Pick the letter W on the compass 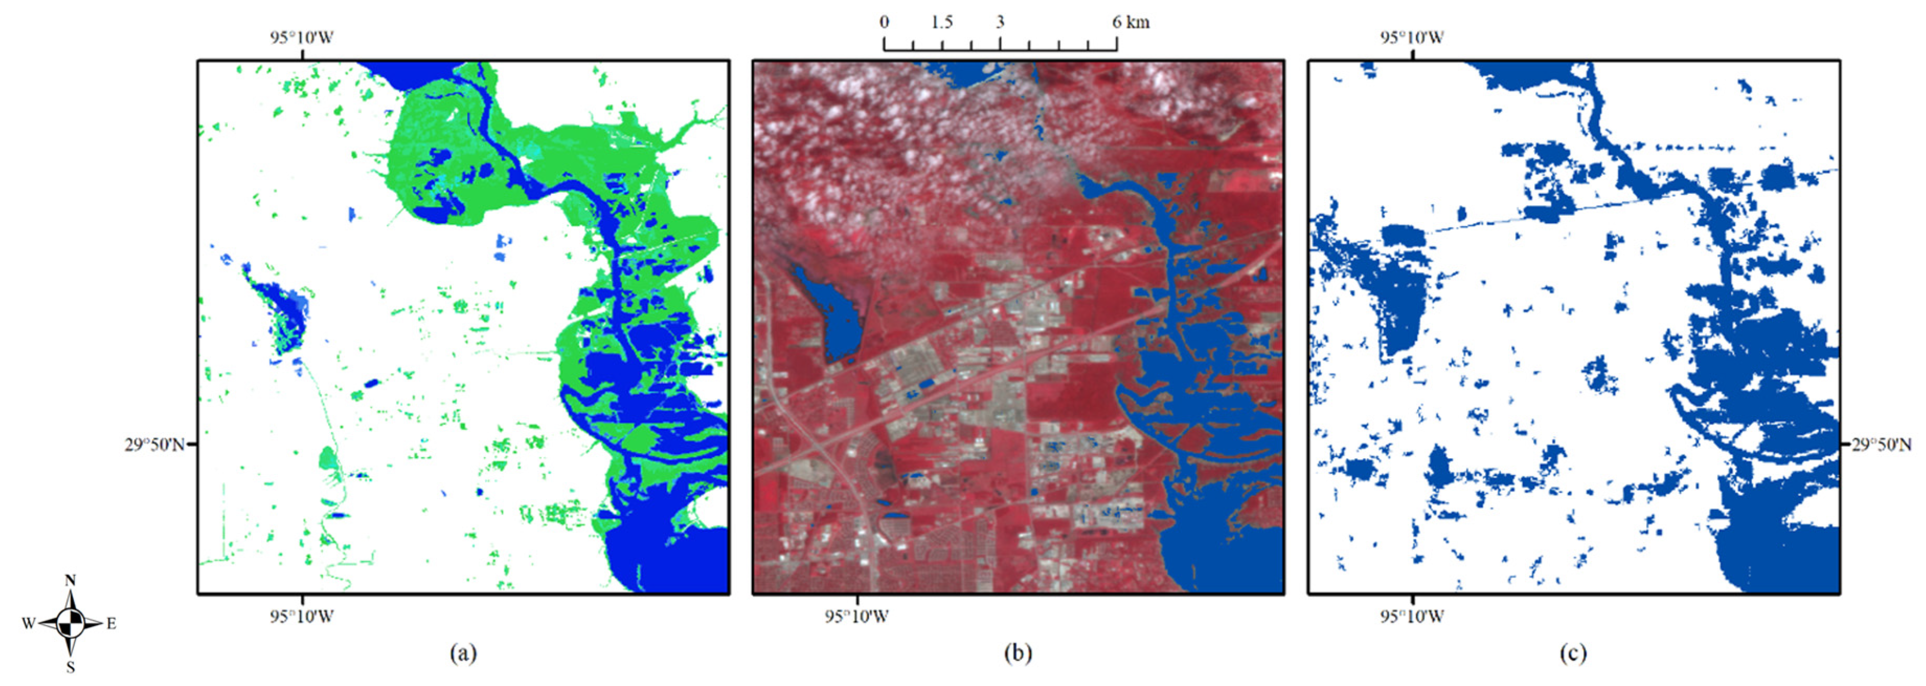click(28, 623)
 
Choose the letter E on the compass click(111, 623)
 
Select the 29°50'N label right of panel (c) click(1881, 445)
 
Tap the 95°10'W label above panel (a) click(302, 37)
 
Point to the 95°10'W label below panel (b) click(857, 616)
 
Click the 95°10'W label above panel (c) click(1412, 37)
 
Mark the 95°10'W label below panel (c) click(1412, 616)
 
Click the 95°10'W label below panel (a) click(302, 616)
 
